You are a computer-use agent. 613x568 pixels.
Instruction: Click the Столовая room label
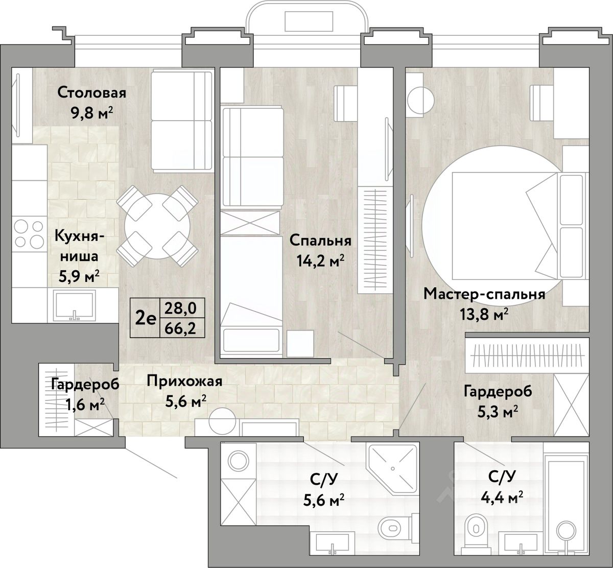click(92, 93)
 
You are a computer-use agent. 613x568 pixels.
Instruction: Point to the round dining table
click(157, 226)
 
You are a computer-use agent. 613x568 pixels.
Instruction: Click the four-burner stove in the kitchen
click(29, 233)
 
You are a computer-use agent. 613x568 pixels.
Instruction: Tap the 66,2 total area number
click(180, 328)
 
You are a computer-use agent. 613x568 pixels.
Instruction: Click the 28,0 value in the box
click(180, 308)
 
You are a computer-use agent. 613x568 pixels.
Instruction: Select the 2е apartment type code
click(146, 319)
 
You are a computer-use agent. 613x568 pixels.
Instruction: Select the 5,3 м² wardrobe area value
click(498, 413)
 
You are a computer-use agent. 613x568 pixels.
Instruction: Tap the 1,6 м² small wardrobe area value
click(85, 405)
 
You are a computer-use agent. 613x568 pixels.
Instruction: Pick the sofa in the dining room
click(182, 121)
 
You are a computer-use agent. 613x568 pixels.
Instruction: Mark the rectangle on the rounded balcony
click(309, 21)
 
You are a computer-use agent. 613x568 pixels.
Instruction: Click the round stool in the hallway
click(222, 421)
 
